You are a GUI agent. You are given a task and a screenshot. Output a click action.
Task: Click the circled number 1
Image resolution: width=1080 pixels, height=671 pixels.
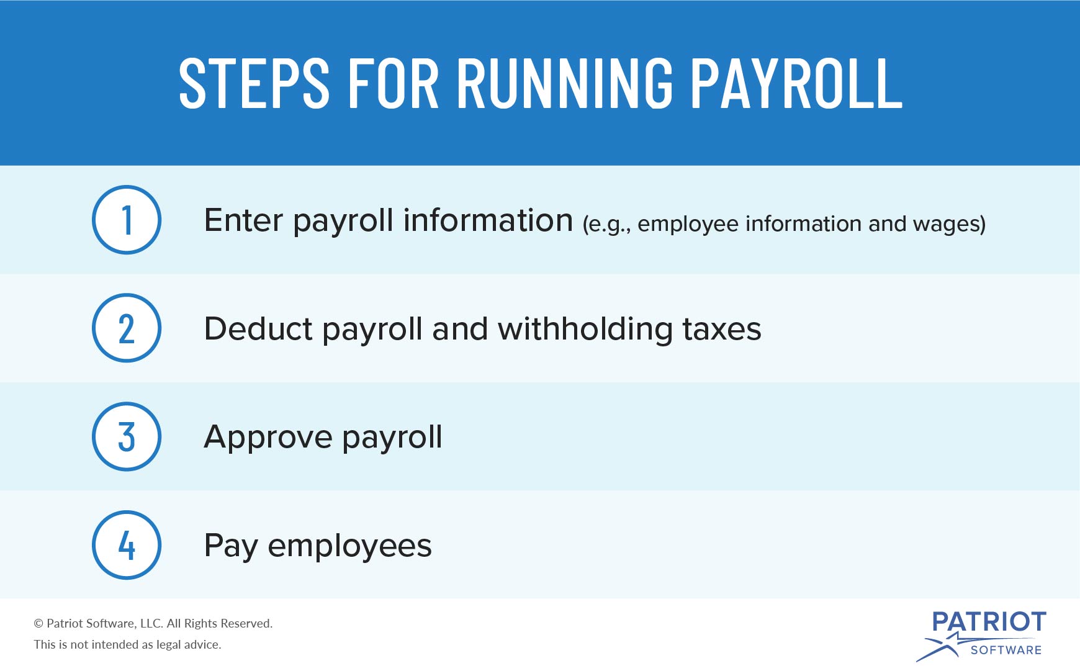tap(127, 220)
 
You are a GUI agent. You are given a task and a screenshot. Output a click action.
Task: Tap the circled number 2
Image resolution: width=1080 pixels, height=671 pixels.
tap(127, 328)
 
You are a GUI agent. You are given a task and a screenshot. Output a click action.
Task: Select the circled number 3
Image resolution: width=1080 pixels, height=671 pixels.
tap(127, 437)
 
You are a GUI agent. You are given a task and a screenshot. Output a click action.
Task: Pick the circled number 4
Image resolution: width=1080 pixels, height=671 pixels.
tap(127, 545)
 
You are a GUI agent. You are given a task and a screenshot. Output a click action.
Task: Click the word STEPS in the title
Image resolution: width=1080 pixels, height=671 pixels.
tap(254, 84)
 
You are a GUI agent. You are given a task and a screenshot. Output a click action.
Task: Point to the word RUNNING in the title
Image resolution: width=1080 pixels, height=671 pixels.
tap(565, 84)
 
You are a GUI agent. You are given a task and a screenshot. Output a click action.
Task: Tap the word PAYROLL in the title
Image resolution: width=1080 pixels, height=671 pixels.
tap(797, 84)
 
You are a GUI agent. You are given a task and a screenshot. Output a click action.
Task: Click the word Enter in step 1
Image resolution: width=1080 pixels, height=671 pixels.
tap(243, 220)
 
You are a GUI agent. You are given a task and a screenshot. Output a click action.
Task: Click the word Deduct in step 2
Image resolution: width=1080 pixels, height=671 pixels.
tap(258, 328)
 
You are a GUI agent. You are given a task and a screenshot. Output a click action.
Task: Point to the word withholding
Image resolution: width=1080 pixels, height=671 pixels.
tap(585, 328)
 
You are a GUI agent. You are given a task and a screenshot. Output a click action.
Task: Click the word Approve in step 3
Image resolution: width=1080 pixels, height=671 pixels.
tap(268, 438)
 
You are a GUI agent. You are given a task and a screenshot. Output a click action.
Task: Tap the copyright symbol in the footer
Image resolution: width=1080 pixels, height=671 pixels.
tap(38, 624)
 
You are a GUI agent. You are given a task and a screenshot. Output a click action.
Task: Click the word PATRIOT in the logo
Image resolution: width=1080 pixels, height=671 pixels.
tap(989, 622)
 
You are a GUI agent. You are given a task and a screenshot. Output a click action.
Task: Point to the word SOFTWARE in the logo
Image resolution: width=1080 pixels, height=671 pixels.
tap(1006, 650)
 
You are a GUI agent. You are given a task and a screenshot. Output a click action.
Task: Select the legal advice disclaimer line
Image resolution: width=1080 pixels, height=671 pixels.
tap(127, 645)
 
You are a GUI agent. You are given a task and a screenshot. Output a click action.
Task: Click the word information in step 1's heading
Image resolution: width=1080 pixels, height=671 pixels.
tap(488, 220)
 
